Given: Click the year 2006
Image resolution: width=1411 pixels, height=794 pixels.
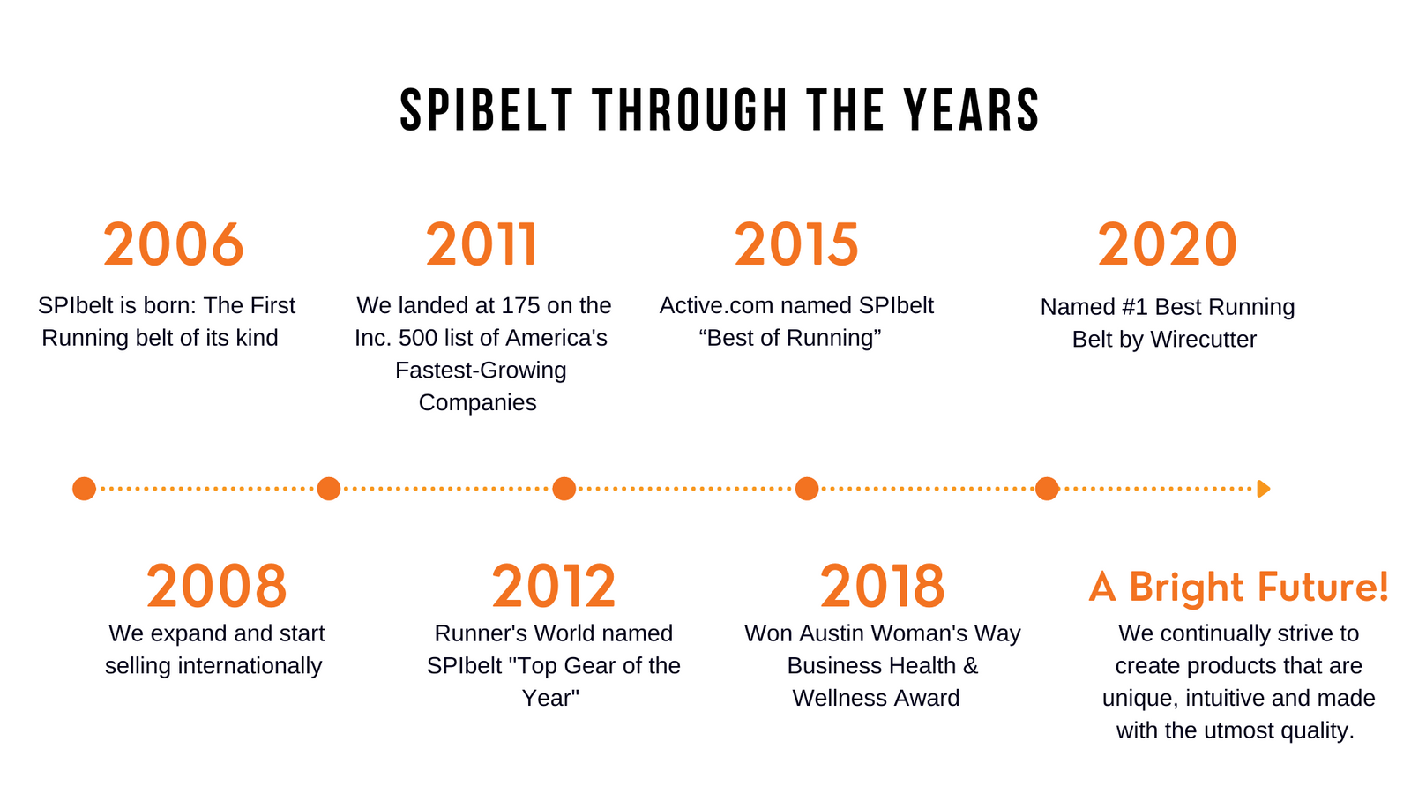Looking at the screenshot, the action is pyautogui.click(x=173, y=244).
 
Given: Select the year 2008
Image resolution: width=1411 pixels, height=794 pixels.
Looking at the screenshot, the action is pyautogui.click(x=217, y=586).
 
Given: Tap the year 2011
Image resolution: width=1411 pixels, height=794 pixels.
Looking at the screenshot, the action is pyautogui.click(x=482, y=244).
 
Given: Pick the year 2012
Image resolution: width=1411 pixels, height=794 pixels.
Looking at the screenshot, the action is pyautogui.click(x=553, y=586).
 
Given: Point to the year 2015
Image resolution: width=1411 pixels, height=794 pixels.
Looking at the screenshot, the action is pyautogui.click(x=796, y=244).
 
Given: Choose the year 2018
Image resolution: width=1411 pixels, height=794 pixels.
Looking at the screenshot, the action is pyautogui.click(x=882, y=586).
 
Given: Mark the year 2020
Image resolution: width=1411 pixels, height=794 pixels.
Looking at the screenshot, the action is pyautogui.click(x=1168, y=244).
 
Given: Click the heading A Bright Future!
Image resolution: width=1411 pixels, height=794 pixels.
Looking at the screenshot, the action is pyautogui.click(x=1238, y=588).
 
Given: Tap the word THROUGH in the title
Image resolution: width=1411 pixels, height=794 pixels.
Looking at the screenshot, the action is pyautogui.click(x=691, y=110).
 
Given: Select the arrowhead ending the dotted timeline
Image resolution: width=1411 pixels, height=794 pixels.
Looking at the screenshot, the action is pyautogui.click(x=1263, y=489).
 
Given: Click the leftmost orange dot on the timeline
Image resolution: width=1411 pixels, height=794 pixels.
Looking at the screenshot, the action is pyautogui.click(x=84, y=489).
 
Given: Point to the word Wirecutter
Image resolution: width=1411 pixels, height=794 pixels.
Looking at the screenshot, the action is pyautogui.click(x=1203, y=339).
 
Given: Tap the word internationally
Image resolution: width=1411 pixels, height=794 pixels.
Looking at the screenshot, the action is pyautogui.click(x=250, y=665).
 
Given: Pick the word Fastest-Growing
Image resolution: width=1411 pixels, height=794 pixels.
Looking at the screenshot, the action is pyautogui.click(x=481, y=371).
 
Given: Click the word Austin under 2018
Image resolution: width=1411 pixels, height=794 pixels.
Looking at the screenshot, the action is pyautogui.click(x=828, y=633).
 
